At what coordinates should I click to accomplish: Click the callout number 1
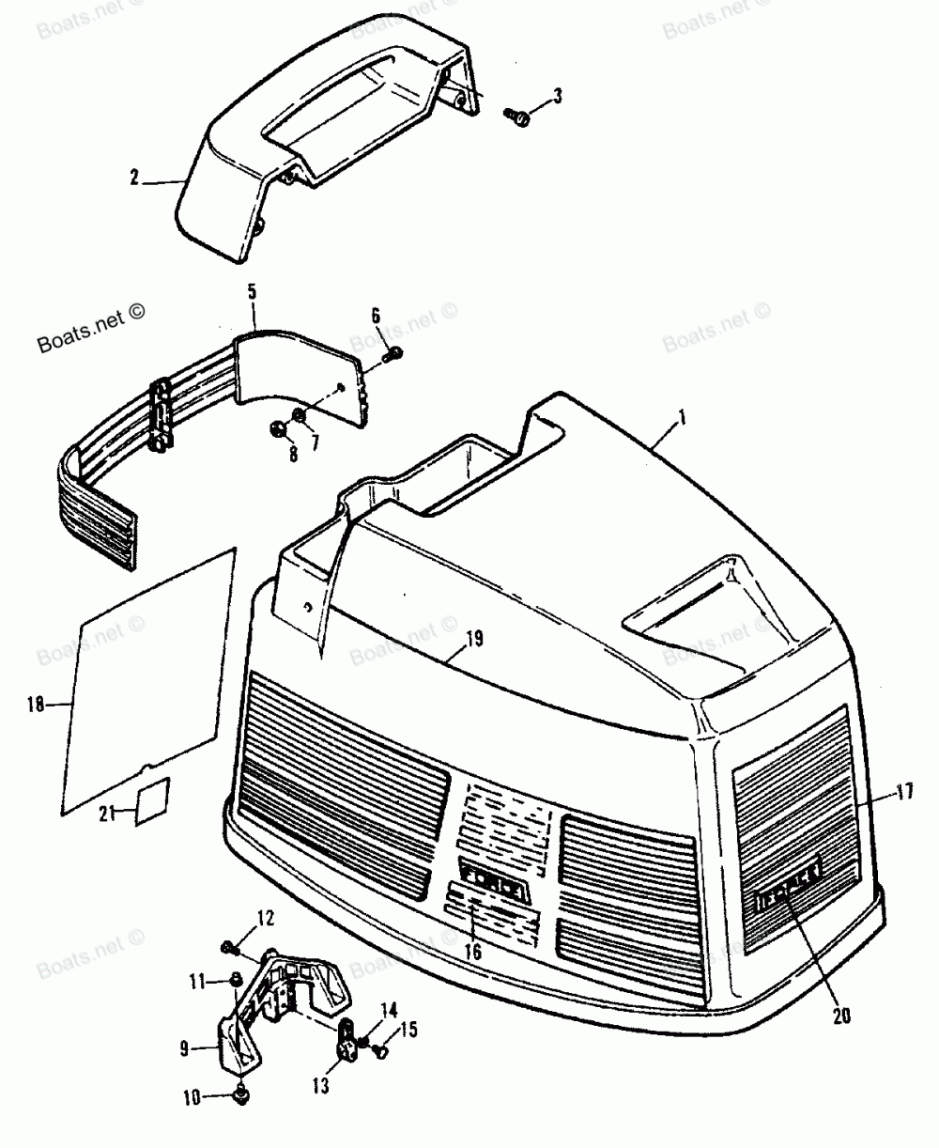click(683, 414)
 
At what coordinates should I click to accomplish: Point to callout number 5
click(252, 292)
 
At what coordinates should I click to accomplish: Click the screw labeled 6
click(395, 352)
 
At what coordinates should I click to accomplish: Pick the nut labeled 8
click(277, 428)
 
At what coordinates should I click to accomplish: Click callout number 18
click(36, 704)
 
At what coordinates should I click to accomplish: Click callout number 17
click(904, 791)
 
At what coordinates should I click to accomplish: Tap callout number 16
click(472, 952)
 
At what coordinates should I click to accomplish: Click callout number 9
click(186, 1046)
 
